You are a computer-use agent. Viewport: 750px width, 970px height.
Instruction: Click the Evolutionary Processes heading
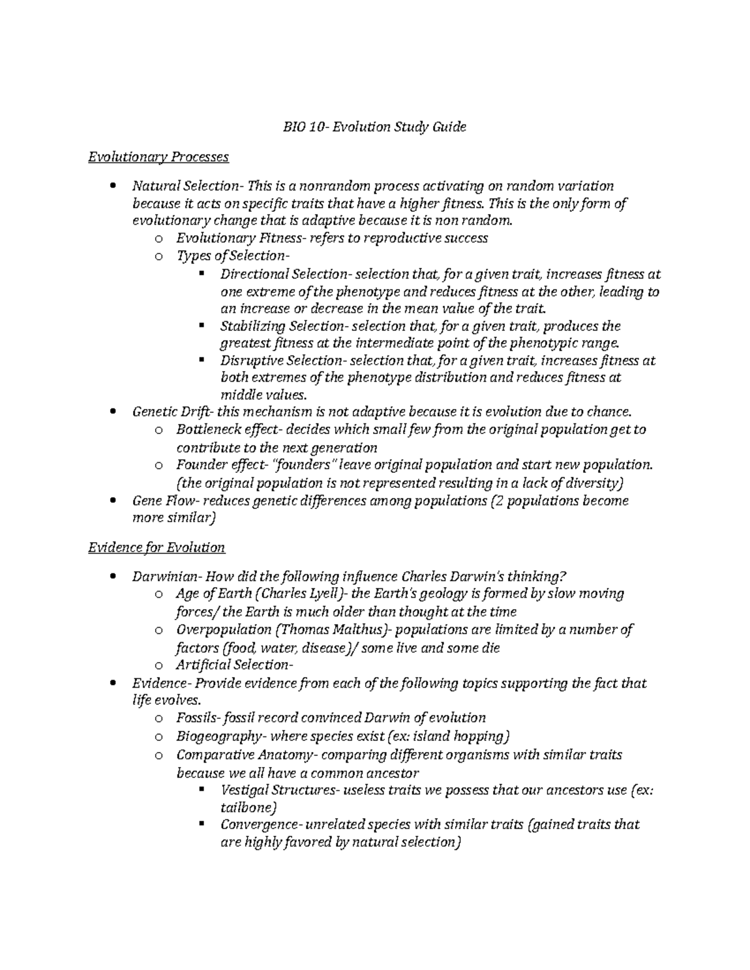(159, 157)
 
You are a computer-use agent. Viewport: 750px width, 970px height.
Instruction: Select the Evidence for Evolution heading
(156, 548)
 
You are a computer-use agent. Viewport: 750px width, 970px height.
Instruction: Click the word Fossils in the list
(196, 718)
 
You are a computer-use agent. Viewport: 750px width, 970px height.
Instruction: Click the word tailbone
(246, 808)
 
